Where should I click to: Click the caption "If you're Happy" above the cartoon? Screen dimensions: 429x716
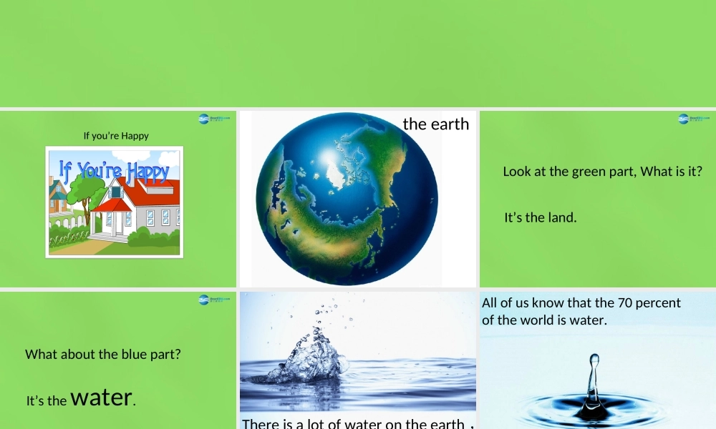(116, 136)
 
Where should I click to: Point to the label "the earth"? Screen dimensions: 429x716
(435, 124)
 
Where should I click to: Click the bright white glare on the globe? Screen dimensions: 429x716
(329, 157)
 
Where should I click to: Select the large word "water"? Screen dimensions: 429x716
(102, 397)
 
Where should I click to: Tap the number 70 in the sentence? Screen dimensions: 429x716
(625, 303)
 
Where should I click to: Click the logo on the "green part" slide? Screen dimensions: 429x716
(692, 119)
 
